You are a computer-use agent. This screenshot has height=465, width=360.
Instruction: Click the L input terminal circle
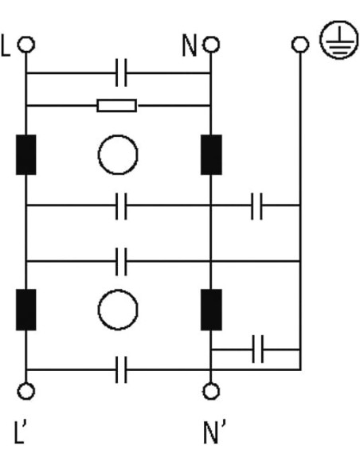[26, 45]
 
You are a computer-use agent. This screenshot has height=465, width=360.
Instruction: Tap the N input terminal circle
[211, 45]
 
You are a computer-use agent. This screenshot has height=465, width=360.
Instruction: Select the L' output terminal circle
[26, 391]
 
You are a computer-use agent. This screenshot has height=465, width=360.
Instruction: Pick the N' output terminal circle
[211, 391]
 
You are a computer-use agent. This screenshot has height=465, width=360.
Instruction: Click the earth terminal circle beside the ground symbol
[300, 45]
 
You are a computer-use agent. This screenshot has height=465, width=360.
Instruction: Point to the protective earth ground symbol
[338, 40]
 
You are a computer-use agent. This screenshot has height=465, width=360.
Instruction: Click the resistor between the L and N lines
[117, 106]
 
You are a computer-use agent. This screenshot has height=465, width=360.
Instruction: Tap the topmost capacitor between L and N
[121, 72]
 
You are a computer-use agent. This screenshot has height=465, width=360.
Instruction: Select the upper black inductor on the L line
[26, 154]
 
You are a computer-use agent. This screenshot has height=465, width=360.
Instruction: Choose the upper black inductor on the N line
[211, 154]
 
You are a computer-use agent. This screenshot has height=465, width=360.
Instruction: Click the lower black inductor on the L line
[26, 310]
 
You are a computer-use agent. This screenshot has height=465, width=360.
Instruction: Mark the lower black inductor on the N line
[211, 310]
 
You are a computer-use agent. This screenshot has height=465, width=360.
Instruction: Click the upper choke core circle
[118, 154]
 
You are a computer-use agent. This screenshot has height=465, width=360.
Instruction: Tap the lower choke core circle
[118, 310]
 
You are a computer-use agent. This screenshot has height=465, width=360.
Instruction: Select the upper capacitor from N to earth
[256, 206]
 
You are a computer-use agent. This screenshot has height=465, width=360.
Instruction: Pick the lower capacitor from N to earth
[258, 350]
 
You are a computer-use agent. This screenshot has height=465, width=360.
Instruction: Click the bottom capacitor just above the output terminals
[121, 369]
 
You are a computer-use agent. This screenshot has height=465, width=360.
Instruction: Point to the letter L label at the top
[6, 45]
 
